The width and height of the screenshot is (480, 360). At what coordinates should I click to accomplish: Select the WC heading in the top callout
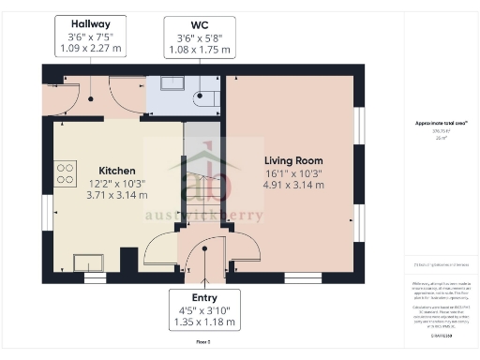coord(198,24)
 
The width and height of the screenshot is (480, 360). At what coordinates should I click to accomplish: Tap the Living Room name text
coord(293,160)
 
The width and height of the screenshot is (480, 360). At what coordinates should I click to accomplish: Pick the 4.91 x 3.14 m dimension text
coord(293,185)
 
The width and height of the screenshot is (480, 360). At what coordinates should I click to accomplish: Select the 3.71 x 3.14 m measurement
coord(112,195)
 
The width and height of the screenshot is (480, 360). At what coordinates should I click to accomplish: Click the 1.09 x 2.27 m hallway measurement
coord(91,48)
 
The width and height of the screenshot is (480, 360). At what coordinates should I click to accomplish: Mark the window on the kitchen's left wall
coord(46,209)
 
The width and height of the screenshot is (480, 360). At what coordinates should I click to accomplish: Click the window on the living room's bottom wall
coord(303,277)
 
